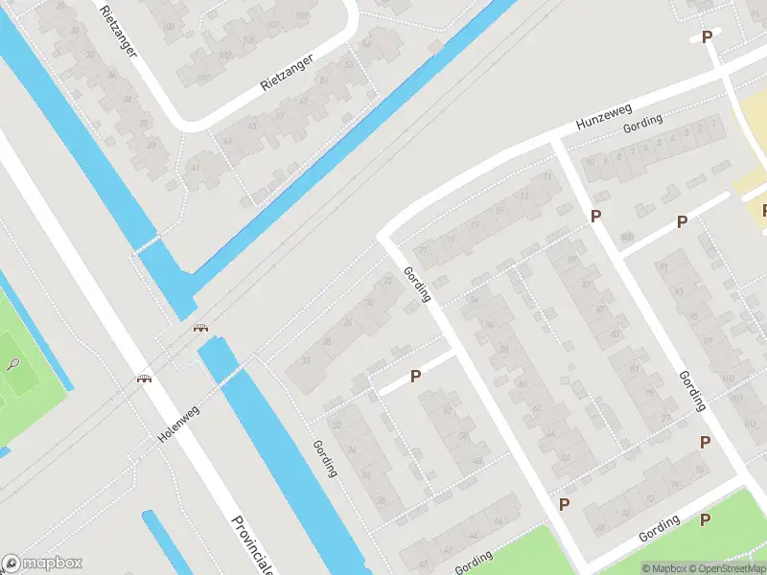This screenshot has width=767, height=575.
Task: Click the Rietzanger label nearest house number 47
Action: [x=288, y=75]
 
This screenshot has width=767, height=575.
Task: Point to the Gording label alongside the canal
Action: [x=324, y=458]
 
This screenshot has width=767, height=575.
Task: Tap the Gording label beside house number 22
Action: [x=418, y=284]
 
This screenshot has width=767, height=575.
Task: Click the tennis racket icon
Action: [x=13, y=364]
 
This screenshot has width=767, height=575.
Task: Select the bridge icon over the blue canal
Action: [x=200, y=329]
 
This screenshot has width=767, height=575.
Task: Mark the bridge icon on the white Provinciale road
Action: [x=145, y=379]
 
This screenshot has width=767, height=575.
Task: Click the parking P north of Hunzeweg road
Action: [x=708, y=37]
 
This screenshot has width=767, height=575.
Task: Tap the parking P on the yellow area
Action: [x=764, y=210]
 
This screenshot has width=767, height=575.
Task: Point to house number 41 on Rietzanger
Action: [x=195, y=167]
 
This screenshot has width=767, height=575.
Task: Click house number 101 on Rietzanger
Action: [x=202, y=79]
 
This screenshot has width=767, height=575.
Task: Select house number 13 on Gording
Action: [x=523, y=195]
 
